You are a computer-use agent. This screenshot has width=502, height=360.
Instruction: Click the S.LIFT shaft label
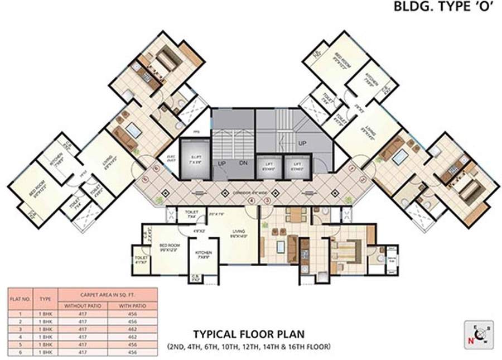195,158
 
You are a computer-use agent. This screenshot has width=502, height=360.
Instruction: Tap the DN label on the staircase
243,164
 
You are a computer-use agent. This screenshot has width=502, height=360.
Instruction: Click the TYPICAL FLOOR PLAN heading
249,334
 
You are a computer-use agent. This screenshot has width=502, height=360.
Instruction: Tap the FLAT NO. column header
20,299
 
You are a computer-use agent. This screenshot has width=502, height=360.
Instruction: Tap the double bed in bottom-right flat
347,248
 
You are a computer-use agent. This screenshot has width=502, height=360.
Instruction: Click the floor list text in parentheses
249,347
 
